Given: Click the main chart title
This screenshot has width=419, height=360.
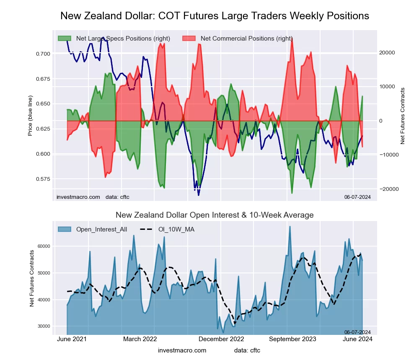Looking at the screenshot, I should pyautogui.click(x=215, y=16).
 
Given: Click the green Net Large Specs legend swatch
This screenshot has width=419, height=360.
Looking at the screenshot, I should pyautogui.click(x=65, y=39).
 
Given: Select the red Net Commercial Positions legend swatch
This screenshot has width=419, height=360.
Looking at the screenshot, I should pyautogui.click(x=190, y=39).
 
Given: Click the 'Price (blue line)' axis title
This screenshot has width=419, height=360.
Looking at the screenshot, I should pyautogui.click(x=30, y=116).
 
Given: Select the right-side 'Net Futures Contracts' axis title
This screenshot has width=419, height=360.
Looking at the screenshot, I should pyautogui.click(x=403, y=116).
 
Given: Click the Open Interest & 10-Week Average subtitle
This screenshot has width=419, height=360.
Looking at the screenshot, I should pyautogui.click(x=215, y=215).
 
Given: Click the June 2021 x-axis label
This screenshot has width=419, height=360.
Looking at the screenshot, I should pyautogui.click(x=71, y=339).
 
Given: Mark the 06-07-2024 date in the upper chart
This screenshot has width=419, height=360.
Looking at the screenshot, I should pyautogui.click(x=357, y=197).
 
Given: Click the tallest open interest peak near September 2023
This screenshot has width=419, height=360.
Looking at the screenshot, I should pyautogui.click(x=290, y=227).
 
